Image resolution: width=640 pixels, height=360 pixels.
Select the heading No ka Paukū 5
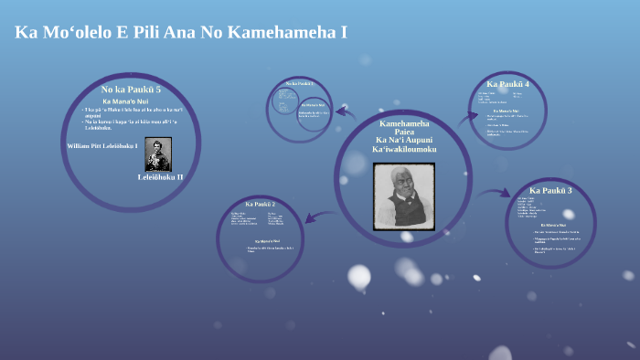click(x=131, y=89)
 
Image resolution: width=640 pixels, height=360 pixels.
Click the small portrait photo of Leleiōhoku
click(x=157, y=154)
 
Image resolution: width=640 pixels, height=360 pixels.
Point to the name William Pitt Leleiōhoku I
click(x=102, y=145)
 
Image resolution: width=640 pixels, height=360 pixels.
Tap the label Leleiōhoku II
click(x=161, y=176)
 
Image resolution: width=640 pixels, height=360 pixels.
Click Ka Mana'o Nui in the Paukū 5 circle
click(x=131, y=101)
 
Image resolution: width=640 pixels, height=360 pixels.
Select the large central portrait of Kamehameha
click(x=403, y=196)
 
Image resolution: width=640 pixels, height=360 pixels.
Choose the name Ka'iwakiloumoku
click(x=404, y=149)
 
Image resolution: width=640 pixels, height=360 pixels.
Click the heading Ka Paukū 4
click(x=507, y=84)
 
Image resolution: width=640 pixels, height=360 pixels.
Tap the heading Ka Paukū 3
click(x=550, y=190)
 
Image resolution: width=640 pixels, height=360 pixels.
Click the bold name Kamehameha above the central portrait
click(x=404, y=122)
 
